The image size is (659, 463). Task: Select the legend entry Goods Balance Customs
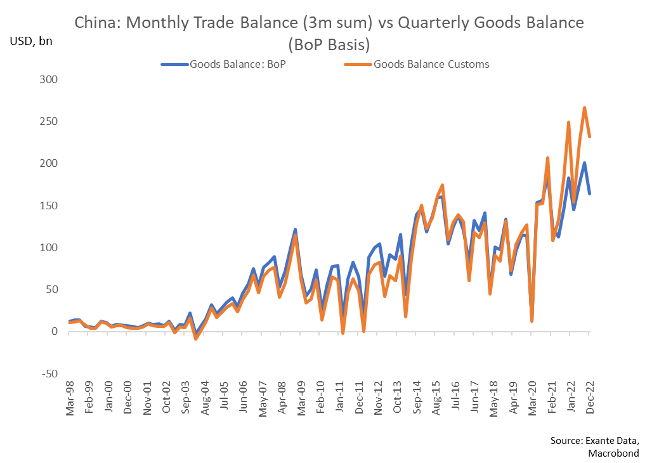coord(431,63)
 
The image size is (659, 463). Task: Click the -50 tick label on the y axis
coord(48,374)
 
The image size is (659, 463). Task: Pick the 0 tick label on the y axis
coord(55,332)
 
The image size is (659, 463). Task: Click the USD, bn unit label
coord(31,42)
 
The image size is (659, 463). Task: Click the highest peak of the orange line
coord(584,108)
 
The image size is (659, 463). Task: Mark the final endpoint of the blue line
coord(590,193)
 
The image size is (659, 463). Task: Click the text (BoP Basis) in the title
coord(329,45)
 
